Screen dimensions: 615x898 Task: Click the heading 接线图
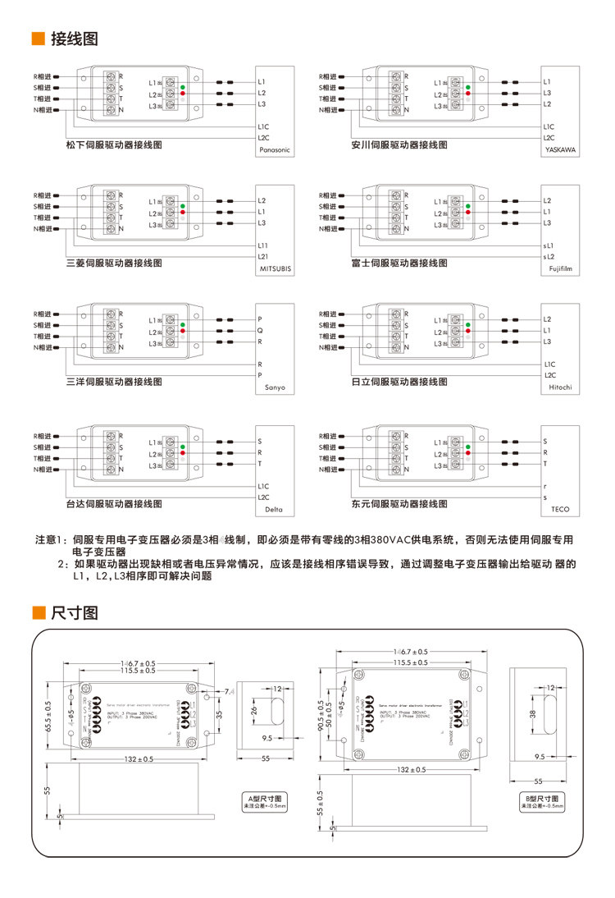point(75,39)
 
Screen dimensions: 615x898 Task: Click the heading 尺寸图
point(75,613)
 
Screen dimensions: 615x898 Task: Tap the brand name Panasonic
point(274,151)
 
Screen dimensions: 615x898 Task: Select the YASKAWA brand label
point(560,151)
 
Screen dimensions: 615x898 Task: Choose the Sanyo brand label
point(275,387)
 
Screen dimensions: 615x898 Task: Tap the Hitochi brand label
point(560,387)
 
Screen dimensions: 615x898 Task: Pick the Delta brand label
point(275,510)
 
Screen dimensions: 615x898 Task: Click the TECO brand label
point(560,510)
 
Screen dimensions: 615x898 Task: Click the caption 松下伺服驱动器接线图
point(114,144)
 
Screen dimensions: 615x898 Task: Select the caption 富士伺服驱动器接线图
point(399,263)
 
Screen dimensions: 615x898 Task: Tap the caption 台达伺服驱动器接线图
point(114,503)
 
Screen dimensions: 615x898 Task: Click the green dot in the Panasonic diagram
point(182,87)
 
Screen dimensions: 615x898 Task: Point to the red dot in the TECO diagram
point(467,453)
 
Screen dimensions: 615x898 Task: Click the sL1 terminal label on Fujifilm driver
point(548,245)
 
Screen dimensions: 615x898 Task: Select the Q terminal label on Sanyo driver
point(259,330)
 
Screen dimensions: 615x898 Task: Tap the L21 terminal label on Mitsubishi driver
point(262,257)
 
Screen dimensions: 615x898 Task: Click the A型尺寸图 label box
point(264,801)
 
